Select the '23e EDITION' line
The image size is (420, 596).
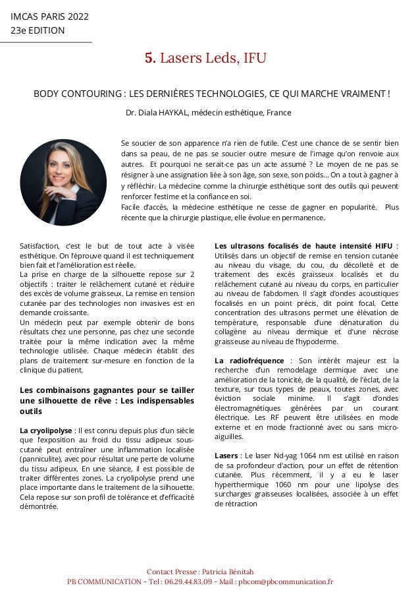pyautogui.click(x=38, y=30)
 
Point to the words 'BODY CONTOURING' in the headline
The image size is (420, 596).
pyautogui.click(x=70, y=94)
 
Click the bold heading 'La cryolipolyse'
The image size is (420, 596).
pyautogui.click(x=47, y=431)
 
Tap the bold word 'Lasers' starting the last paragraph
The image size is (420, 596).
pyautogui.click(x=226, y=456)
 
